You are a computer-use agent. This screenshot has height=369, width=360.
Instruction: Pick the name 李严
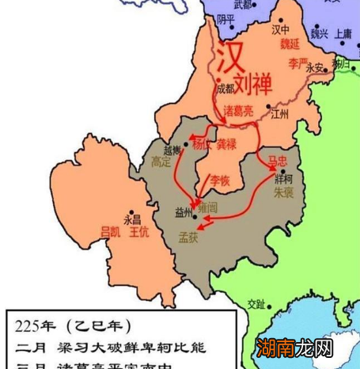[x=297, y=60]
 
